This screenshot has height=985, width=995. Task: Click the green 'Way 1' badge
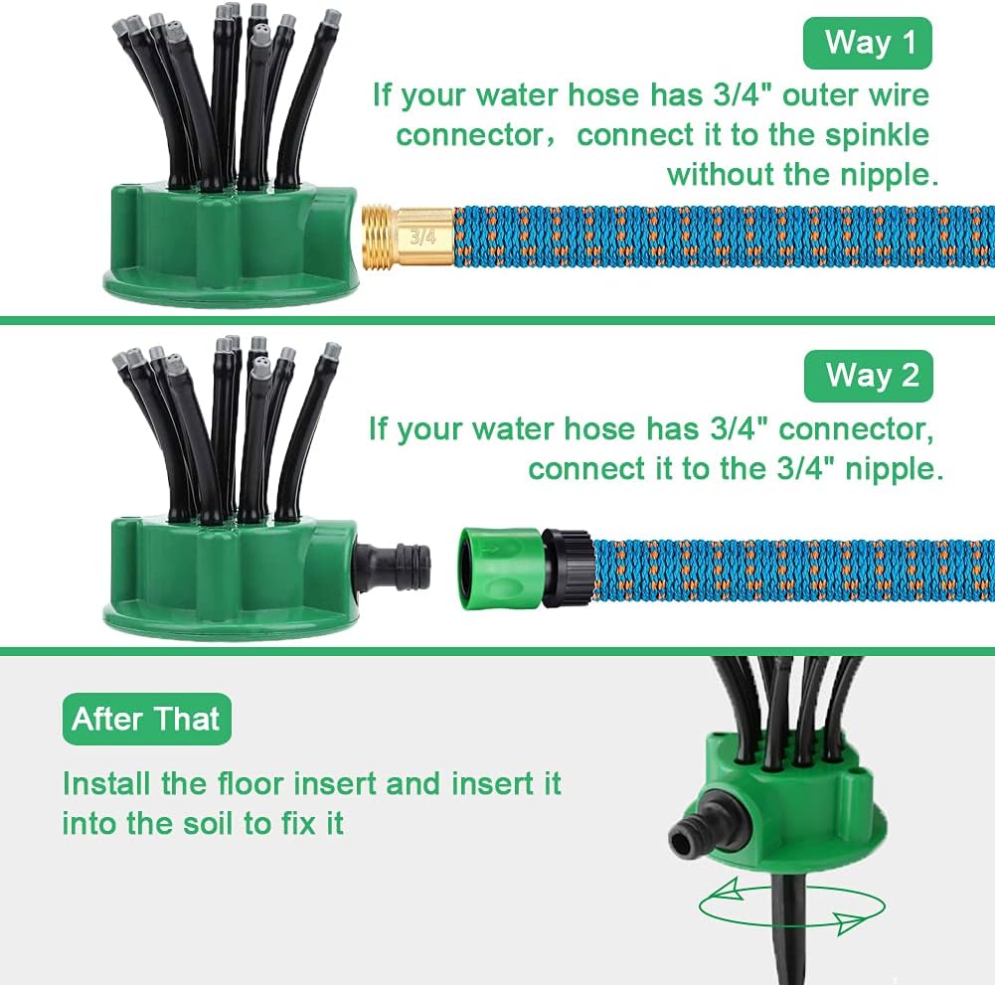pos(868,43)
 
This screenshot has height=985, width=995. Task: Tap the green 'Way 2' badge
pos(868,376)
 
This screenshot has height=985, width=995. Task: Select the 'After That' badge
pos(146,719)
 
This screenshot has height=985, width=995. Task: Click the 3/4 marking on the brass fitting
pos(423,237)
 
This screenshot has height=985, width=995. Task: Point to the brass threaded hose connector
pos(408,237)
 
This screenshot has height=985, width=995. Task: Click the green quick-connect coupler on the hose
pos(501,569)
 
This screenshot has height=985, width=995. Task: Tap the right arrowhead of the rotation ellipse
pos(849,921)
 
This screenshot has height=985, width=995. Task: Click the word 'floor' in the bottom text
pos(249,783)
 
